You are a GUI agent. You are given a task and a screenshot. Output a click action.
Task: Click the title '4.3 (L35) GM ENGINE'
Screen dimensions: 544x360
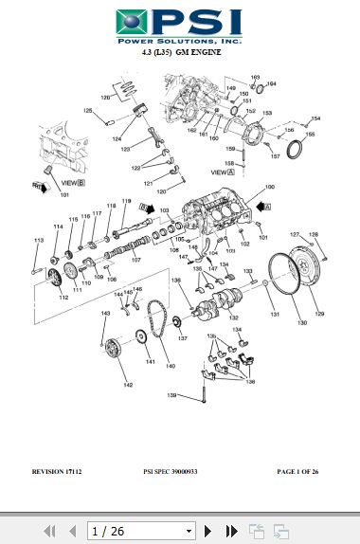179,54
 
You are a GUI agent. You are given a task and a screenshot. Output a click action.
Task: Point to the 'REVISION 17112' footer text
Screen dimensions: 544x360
59,471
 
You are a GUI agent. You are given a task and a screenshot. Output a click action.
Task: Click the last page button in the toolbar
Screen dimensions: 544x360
230,531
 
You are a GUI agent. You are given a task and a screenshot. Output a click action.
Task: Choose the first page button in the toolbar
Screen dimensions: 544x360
50,531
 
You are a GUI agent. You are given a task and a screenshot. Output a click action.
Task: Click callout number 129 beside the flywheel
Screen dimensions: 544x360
318,314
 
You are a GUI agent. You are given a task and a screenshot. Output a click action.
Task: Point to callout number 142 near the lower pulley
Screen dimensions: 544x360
127,385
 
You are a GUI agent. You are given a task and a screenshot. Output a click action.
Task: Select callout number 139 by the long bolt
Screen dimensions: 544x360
172,394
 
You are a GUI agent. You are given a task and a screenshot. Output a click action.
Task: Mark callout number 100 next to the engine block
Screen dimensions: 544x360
269,188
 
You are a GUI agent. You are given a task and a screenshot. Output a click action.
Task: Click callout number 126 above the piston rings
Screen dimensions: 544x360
105,98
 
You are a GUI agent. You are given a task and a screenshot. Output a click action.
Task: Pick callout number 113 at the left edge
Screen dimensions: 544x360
39,242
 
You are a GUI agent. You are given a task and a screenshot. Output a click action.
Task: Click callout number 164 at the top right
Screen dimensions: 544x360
271,83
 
